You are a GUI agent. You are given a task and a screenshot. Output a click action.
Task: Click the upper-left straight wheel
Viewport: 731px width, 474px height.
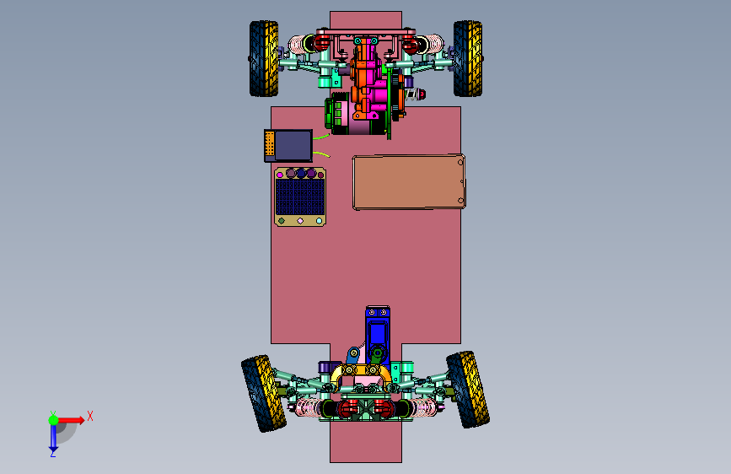click(264, 59)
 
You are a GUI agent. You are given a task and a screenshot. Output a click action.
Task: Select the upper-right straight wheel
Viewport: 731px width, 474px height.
click(468, 59)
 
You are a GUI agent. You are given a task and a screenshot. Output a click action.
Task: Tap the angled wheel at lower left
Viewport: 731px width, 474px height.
click(263, 393)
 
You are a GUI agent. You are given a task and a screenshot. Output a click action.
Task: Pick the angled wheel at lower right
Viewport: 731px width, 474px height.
click(468, 390)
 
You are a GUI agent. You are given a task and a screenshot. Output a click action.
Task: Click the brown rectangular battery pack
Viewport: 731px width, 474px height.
click(409, 182)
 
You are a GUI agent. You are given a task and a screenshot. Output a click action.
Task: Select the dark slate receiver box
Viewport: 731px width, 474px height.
click(293, 146)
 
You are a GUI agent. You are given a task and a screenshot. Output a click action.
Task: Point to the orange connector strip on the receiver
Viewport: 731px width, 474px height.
click(269, 143)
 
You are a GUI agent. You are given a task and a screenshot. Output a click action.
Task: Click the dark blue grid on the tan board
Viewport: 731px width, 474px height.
click(300, 197)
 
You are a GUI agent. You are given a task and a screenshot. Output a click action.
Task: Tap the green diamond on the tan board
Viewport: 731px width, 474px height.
click(281, 221)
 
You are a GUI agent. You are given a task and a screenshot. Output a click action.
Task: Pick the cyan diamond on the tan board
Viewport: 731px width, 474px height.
click(320, 221)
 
